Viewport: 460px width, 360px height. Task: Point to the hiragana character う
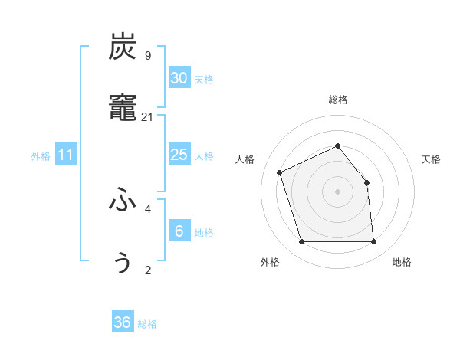(123, 263)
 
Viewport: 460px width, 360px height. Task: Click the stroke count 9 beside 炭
(147, 55)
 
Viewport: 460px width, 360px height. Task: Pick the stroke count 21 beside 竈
(147, 117)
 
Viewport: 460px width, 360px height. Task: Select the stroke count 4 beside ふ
(147, 208)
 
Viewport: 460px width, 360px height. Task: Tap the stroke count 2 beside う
(147, 270)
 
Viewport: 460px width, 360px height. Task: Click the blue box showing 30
(179, 78)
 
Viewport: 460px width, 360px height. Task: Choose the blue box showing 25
(179, 155)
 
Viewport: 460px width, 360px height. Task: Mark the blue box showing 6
(179, 231)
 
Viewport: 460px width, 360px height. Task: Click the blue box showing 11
(66, 155)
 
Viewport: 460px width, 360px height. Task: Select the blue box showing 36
(122, 322)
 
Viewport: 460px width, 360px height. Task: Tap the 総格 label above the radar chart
(337, 100)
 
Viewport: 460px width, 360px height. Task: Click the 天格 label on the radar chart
(432, 159)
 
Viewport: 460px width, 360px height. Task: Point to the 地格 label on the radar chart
(402, 262)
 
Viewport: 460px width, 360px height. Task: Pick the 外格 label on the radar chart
(270, 262)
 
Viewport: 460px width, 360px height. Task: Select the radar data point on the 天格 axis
(366, 182)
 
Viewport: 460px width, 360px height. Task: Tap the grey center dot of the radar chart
(337, 191)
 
